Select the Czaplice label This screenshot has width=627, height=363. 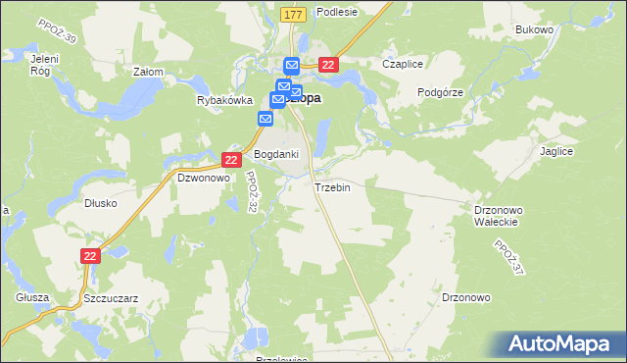pos(402,64)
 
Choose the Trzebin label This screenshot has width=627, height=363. pos(332,187)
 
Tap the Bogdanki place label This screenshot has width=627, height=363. pos(276,154)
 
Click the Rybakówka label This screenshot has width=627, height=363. pos(224,100)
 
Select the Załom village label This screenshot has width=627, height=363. pos(147,72)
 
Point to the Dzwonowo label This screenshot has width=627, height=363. pos(202,179)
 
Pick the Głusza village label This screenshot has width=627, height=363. pos(31,296)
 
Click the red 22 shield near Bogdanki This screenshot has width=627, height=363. pos(231,159)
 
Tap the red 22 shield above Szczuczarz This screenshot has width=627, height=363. pos(90,255)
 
